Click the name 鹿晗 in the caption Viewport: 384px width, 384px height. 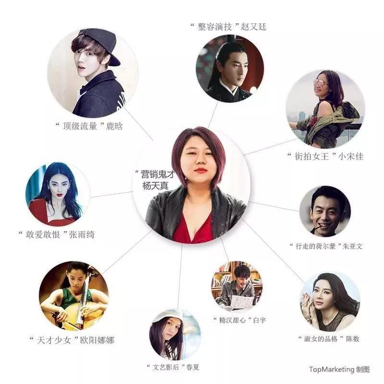tap(114, 126)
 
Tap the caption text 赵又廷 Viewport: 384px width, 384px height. tap(253, 26)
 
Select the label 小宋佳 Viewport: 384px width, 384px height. tap(351, 156)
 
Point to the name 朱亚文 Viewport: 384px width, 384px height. tap(352, 246)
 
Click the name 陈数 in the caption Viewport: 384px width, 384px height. tap(353, 339)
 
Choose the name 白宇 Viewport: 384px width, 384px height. tap(260, 320)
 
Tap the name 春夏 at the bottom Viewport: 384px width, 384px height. tap(193, 367)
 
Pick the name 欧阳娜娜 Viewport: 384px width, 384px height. tap(97, 340)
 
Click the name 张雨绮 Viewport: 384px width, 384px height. tap(82, 234)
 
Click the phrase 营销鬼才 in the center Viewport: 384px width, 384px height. tap(158, 174)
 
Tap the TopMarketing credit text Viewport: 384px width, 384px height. tap(339, 369)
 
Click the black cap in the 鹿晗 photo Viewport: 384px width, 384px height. tap(100, 44)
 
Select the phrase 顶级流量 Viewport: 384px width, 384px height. tap(80, 126)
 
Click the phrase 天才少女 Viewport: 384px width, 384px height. tap(54, 340)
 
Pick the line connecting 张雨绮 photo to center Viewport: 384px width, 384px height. tap(111, 194)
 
